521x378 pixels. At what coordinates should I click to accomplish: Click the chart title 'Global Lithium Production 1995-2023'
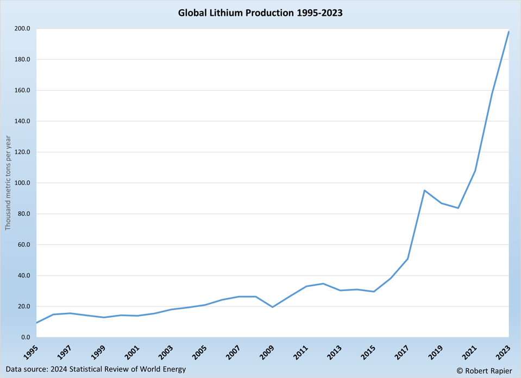[x=260, y=12]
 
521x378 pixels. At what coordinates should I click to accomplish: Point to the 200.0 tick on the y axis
[x=22, y=29]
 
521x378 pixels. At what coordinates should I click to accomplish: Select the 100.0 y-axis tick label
[x=22, y=183]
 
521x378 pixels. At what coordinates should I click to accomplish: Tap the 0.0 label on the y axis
[x=26, y=337]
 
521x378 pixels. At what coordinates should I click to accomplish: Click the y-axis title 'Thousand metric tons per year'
[x=8, y=183]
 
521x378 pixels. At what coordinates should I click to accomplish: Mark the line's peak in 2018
[x=424, y=190]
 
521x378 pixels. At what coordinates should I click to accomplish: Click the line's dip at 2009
[x=273, y=307]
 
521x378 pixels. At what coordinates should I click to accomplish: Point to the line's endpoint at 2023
[x=509, y=31]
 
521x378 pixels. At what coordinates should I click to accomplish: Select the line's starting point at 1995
[x=37, y=323]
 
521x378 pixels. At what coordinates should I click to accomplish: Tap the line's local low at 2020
[x=458, y=208]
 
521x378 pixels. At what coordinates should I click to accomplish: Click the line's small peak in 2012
[x=323, y=283]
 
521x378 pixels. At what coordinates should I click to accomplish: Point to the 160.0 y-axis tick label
[x=22, y=91]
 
